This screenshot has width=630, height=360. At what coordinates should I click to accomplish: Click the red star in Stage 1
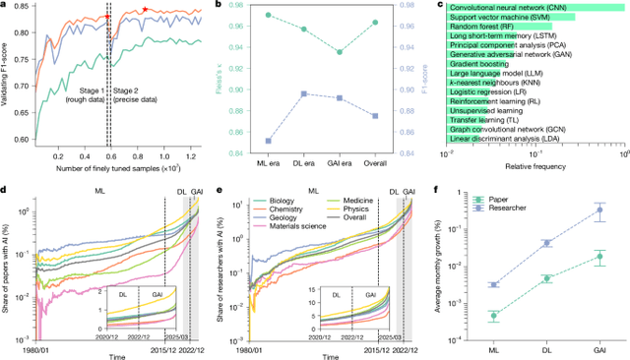(x=108, y=18)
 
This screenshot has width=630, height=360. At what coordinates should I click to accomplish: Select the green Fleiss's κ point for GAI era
(x=366, y=52)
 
